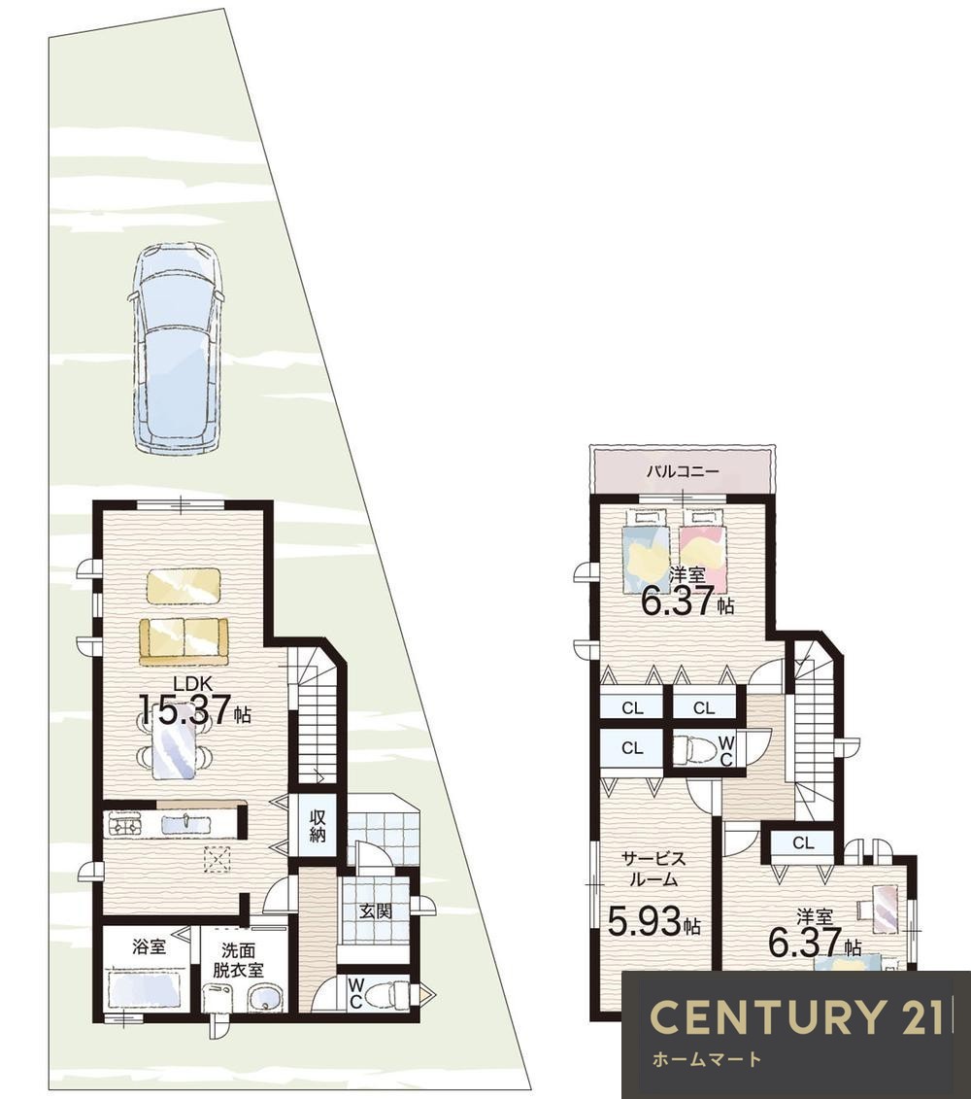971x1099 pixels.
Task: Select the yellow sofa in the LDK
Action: [184, 641]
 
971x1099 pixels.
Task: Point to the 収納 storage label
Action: [318, 826]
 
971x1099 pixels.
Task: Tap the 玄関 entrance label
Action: [375, 911]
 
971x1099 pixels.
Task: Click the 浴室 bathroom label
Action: [150, 946]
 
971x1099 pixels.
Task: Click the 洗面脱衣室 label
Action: [239, 960]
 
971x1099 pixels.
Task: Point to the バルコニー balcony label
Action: [682, 471]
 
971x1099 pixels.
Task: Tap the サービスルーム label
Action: [653, 869]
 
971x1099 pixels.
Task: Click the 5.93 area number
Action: [643, 921]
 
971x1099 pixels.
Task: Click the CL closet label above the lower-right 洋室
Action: [803, 843]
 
